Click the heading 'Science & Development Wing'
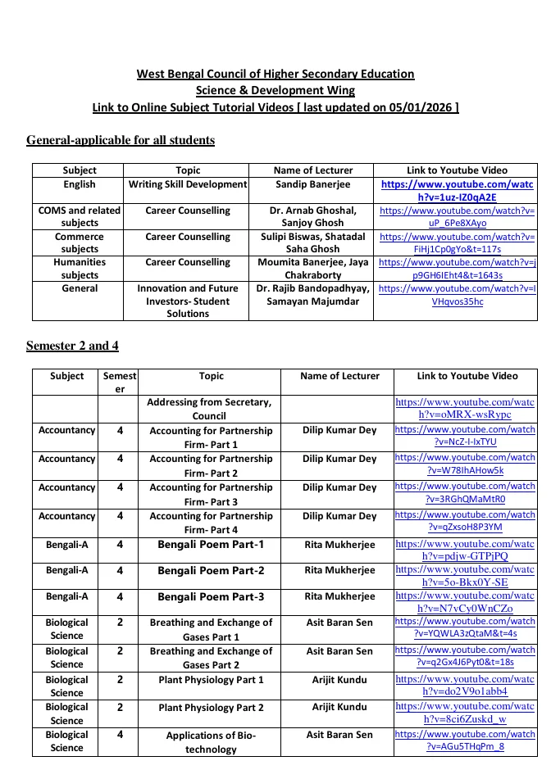tap(275, 90)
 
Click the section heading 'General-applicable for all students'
tap(121, 140)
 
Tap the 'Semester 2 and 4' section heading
tap(72, 346)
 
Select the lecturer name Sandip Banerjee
tap(312, 185)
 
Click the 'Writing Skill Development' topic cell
tap(188, 185)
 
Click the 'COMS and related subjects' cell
tap(80, 216)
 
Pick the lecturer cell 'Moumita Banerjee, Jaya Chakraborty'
tap(312, 269)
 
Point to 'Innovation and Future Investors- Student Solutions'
tap(188, 301)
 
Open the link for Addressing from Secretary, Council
tap(464, 409)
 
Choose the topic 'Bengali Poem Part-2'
tap(211, 570)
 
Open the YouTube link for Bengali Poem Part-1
tap(464, 550)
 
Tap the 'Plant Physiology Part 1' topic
tap(211, 680)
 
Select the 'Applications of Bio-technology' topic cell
tap(211, 741)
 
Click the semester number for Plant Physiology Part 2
tap(120, 707)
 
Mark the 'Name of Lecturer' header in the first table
tap(312, 170)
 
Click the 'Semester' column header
tap(120, 383)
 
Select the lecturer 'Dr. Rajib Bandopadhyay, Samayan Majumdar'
tap(312, 295)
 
